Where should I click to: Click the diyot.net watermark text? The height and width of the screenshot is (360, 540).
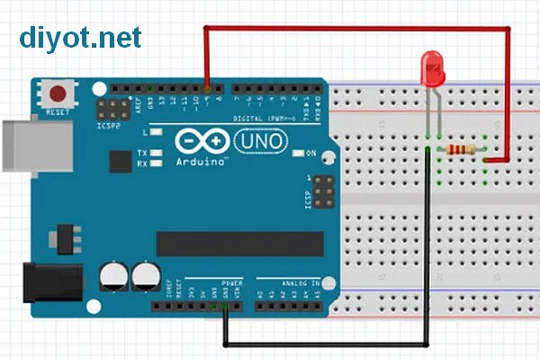pyautogui.click(x=81, y=37)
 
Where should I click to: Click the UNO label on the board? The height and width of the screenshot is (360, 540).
pyautogui.click(x=261, y=140)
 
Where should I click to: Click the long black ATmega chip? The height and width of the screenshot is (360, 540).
pyautogui.click(x=239, y=243)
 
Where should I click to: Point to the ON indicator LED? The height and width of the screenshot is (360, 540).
pyautogui.click(x=298, y=154)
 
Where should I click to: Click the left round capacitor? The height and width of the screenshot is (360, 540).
pyautogui.click(x=114, y=274)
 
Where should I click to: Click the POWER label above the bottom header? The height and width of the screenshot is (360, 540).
pyautogui.click(x=231, y=283)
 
